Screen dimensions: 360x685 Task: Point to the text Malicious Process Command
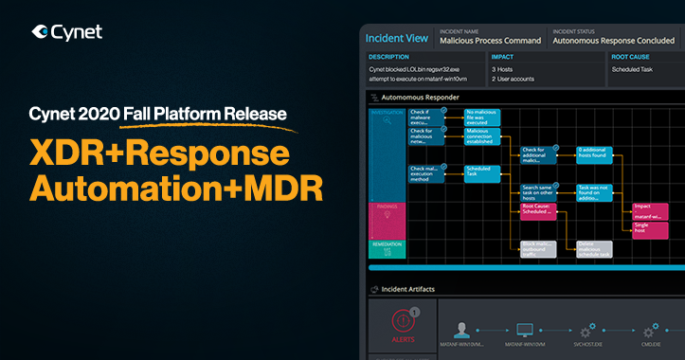(x=489, y=41)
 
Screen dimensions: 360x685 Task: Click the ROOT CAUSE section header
(x=634, y=55)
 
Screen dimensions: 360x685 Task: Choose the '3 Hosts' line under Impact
(x=503, y=69)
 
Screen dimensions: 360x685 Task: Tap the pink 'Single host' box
(x=650, y=229)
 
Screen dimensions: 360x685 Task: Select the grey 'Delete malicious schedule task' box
(x=593, y=249)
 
